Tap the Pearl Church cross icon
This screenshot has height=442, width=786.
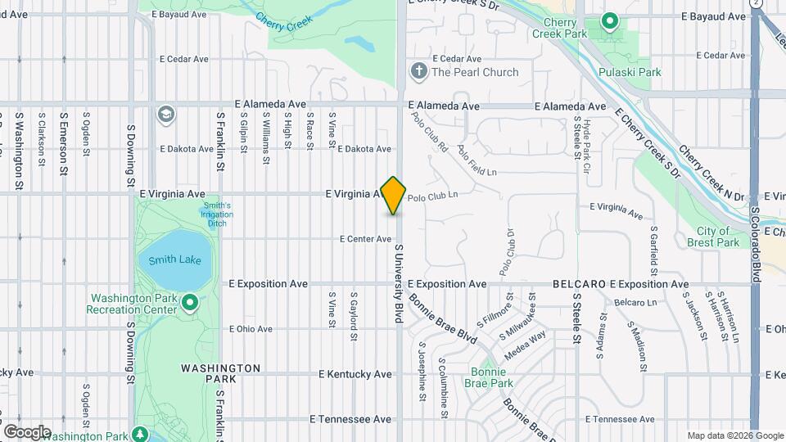click(x=418, y=71)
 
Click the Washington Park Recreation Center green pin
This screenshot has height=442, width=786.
click(x=190, y=304)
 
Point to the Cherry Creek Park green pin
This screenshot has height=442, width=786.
click(x=609, y=20)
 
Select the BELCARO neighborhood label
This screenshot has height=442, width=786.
click(x=579, y=284)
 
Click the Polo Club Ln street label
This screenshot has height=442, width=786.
click(x=432, y=197)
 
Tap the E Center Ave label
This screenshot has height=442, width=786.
click(x=367, y=239)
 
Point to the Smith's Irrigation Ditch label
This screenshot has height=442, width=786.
click(x=217, y=214)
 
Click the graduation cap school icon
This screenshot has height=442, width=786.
click(x=166, y=114)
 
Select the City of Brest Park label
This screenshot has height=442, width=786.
click(x=713, y=237)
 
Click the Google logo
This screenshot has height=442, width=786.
click(x=26, y=431)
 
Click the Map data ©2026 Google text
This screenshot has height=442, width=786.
click(x=734, y=435)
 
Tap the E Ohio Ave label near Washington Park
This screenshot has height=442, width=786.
click(x=251, y=329)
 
